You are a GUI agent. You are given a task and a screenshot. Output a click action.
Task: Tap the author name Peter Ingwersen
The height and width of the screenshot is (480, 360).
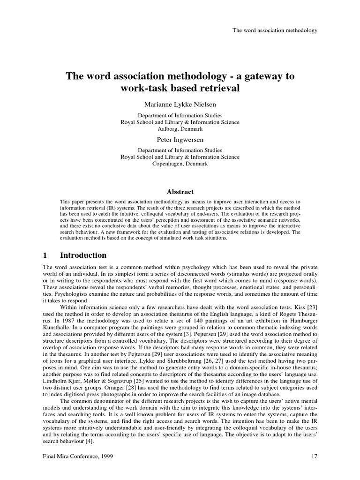pos(180,139)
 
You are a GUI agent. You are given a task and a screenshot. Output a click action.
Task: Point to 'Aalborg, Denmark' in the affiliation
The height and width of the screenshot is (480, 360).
pos(180,128)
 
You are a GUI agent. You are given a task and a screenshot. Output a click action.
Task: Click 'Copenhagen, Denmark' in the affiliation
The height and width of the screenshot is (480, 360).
pos(180,164)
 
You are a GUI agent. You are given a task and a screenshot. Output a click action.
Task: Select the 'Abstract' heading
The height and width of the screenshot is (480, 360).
pos(180,191)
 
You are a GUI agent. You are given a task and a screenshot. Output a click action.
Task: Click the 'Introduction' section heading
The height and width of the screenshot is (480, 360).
pos(83,255)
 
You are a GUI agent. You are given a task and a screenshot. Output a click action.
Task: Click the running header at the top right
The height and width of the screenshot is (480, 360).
pos(275,30)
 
